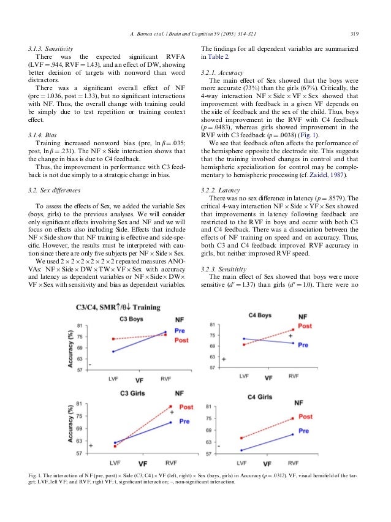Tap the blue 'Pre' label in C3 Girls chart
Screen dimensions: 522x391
click(x=184, y=422)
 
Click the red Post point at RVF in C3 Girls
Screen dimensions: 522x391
click(x=170, y=406)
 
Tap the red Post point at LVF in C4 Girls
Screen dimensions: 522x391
click(x=242, y=438)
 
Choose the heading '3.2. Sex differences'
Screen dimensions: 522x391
click(x=59, y=191)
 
